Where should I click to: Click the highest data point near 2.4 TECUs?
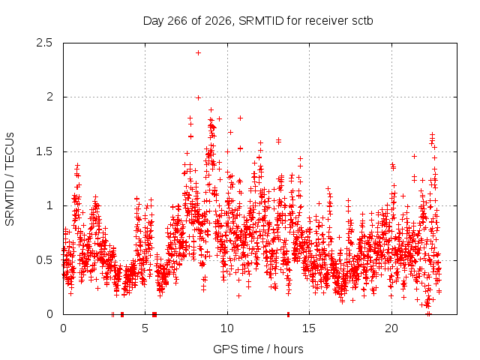198,53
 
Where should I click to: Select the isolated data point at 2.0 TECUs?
198,98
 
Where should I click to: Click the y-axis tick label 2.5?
44,43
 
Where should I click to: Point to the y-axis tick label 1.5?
44,151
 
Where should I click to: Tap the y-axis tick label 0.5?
44,260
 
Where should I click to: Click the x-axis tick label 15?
309,328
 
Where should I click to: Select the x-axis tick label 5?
145,328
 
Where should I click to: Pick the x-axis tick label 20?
391,328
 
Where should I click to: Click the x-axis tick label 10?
227,328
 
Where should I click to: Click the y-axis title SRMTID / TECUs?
10,179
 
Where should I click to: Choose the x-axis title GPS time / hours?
258,349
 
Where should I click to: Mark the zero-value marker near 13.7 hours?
288,314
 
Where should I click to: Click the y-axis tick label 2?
49,97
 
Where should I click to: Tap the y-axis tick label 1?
49,205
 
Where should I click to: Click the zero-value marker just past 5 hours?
154,314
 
